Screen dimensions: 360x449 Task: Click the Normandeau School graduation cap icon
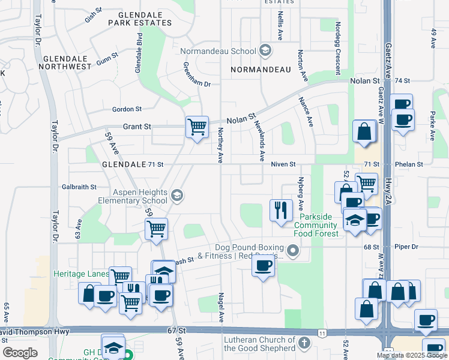(x=265, y=51)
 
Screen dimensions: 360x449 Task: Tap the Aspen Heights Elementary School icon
(x=176, y=195)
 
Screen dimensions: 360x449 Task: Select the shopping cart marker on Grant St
(x=197, y=127)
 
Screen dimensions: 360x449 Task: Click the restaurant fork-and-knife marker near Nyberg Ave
(x=281, y=210)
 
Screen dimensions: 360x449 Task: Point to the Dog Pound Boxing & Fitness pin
(x=293, y=250)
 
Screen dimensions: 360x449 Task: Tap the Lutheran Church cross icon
(x=304, y=344)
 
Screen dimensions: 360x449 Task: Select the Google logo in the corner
(x=20, y=353)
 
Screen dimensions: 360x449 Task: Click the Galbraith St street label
(x=79, y=187)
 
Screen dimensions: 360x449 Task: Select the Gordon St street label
(x=127, y=109)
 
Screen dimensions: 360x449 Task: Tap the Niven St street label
(x=283, y=164)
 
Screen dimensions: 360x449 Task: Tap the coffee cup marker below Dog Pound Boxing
(x=263, y=267)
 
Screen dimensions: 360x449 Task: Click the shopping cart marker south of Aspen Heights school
(x=156, y=229)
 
